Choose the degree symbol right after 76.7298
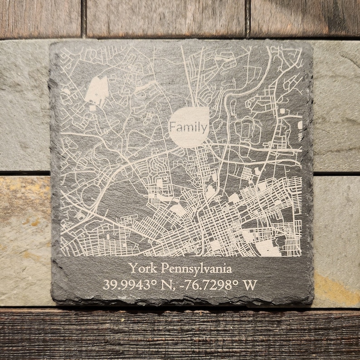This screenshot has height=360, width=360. tap(234, 282)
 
